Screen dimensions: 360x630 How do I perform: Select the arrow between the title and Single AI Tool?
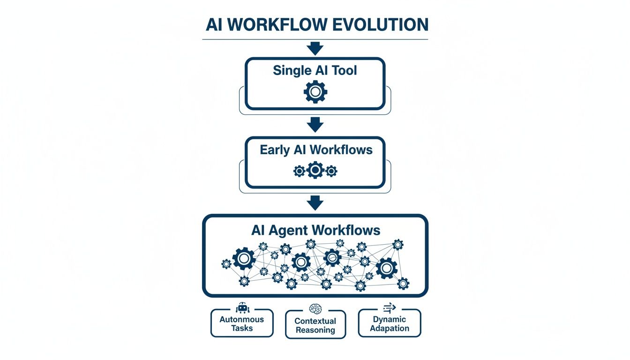(315, 48)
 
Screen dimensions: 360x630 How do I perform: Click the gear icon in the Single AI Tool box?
(315, 91)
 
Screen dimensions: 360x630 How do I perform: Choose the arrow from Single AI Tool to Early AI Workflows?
(315, 124)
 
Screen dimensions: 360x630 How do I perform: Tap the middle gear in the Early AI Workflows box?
(315, 170)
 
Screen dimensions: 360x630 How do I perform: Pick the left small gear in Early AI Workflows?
(299, 171)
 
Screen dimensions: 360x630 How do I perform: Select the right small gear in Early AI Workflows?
(331, 171)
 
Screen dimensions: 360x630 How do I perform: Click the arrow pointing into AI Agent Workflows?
(315, 203)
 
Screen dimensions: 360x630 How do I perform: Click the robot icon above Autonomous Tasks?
(242, 308)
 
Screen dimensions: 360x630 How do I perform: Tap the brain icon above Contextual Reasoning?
(315, 309)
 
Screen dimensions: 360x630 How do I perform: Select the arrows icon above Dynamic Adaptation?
(390, 307)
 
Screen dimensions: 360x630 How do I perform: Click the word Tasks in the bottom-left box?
(242, 328)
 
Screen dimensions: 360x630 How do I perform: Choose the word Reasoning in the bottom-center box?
(315, 330)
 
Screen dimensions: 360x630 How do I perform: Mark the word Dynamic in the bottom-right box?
(390, 319)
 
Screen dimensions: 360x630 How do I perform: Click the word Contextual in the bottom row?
(315, 321)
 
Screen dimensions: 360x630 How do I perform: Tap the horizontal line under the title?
(315, 39)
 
